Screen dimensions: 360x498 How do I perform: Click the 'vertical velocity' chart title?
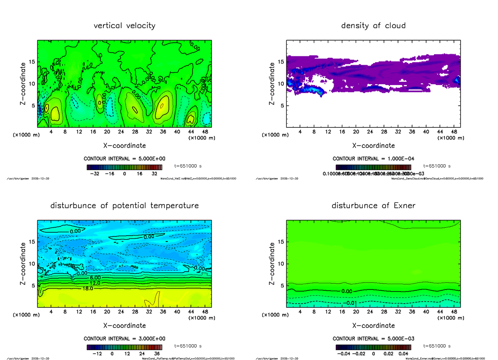124,26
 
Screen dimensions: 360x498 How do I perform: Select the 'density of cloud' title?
373,26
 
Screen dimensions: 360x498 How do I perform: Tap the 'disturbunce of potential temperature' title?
124,206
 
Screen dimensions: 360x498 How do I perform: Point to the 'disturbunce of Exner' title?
373,206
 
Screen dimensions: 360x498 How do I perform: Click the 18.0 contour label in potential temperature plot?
88,288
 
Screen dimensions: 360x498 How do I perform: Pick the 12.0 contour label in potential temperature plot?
95,283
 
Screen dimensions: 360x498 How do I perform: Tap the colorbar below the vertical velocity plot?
124,167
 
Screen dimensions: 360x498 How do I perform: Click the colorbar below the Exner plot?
373,347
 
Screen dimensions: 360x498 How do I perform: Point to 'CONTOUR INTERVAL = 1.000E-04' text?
373,159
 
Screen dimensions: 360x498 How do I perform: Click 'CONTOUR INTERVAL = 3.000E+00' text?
124,338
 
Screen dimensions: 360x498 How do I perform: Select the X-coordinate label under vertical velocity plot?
124,146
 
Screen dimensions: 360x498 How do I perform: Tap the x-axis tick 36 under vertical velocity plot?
163,132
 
